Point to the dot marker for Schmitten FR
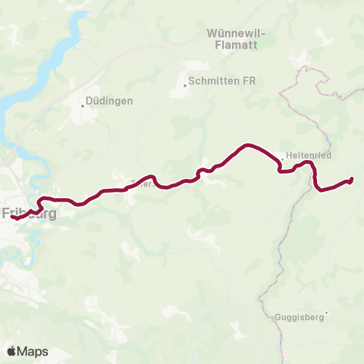tap(184, 85)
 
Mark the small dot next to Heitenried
tap(281, 159)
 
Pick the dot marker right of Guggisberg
tap(326, 313)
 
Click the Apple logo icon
tap(11, 351)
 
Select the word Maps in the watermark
tap(33, 351)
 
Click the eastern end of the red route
tap(352, 179)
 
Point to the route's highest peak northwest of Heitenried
tap(247, 145)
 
